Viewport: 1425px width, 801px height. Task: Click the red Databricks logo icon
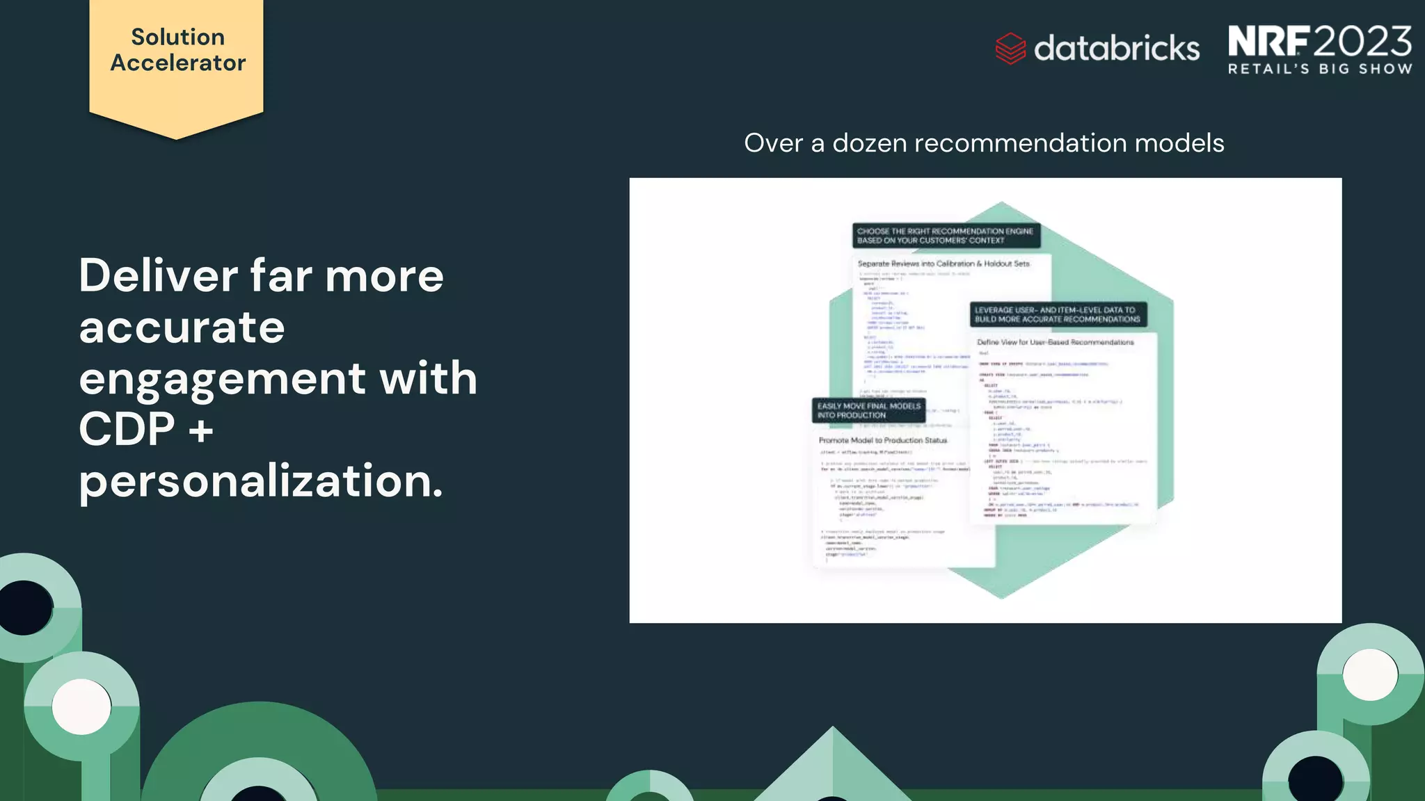point(1010,48)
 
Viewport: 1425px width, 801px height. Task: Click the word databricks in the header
point(1117,48)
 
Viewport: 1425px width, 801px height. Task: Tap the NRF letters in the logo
point(1268,41)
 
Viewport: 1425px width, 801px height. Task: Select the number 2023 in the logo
point(1363,41)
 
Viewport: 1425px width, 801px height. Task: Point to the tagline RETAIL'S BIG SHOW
point(1319,69)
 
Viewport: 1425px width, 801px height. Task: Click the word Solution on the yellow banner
point(177,37)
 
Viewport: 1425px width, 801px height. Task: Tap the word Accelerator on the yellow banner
point(177,63)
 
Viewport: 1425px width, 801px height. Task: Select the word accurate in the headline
point(182,327)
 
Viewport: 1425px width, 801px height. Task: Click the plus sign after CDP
point(200,429)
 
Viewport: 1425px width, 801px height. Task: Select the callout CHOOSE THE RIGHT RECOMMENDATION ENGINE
point(946,236)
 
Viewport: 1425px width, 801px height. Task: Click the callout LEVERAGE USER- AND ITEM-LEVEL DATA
point(1058,314)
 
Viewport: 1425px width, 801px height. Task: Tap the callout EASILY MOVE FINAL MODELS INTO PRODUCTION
point(868,410)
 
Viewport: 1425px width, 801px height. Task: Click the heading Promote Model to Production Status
point(882,440)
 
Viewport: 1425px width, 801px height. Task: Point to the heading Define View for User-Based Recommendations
point(1055,342)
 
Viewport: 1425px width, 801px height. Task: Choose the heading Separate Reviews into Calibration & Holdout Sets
point(943,264)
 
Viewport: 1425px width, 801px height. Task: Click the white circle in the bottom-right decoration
point(1369,674)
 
